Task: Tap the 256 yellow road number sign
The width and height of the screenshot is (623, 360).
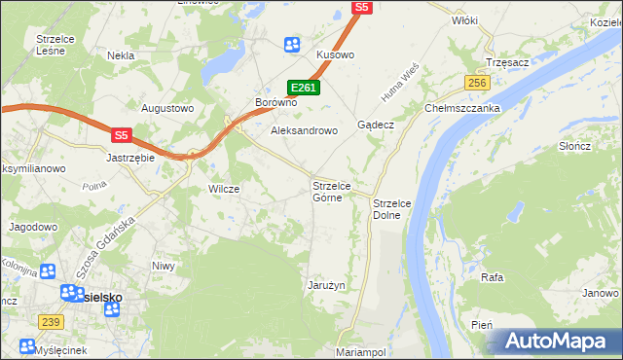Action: click(476, 84)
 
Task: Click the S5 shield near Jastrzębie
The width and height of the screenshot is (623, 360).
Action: click(120, 136)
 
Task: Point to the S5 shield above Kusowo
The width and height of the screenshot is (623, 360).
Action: click(361, 7)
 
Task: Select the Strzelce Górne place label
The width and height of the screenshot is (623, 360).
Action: click(339, 191)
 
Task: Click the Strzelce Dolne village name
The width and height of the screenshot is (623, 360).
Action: click(393, 208)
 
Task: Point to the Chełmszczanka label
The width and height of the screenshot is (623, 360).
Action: click(462, 109)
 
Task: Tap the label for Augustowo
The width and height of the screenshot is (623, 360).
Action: click(168, 108)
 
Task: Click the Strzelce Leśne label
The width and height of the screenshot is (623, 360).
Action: click(56, 45)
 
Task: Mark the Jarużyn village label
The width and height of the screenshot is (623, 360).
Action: click(328, 285)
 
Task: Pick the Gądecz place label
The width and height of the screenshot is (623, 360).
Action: click(375, 126)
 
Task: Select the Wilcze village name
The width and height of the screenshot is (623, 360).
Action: click(224, 189)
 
